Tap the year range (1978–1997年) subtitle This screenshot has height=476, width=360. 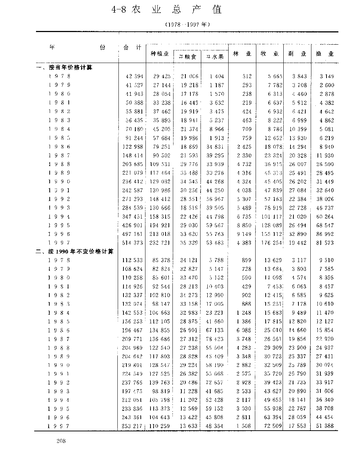pos(187,25)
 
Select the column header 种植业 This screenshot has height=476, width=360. pos(159,54)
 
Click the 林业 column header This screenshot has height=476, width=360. pos(242,54)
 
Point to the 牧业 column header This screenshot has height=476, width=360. pos(270,54)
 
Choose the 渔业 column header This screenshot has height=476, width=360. pos(325,54)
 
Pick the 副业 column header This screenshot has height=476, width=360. pos(297,54)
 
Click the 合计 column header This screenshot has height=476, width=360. pos(132,48)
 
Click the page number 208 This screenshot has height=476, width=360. pos(61,441)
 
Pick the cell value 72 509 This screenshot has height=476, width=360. pos(271,426)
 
